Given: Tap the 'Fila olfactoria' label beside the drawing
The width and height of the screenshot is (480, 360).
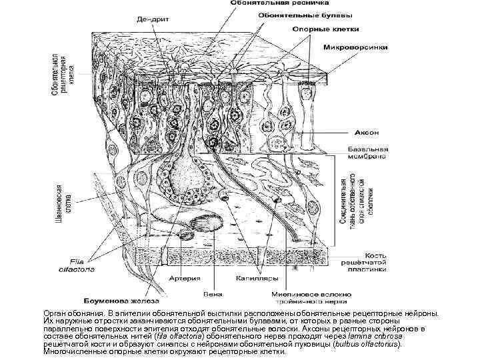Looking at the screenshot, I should pos(83,265).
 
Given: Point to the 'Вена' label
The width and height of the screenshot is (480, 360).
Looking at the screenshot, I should pos(211,293).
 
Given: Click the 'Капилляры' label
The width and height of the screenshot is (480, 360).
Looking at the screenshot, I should pos(244,278).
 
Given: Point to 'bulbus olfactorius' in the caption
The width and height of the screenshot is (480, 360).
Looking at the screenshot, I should pos(372,345).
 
